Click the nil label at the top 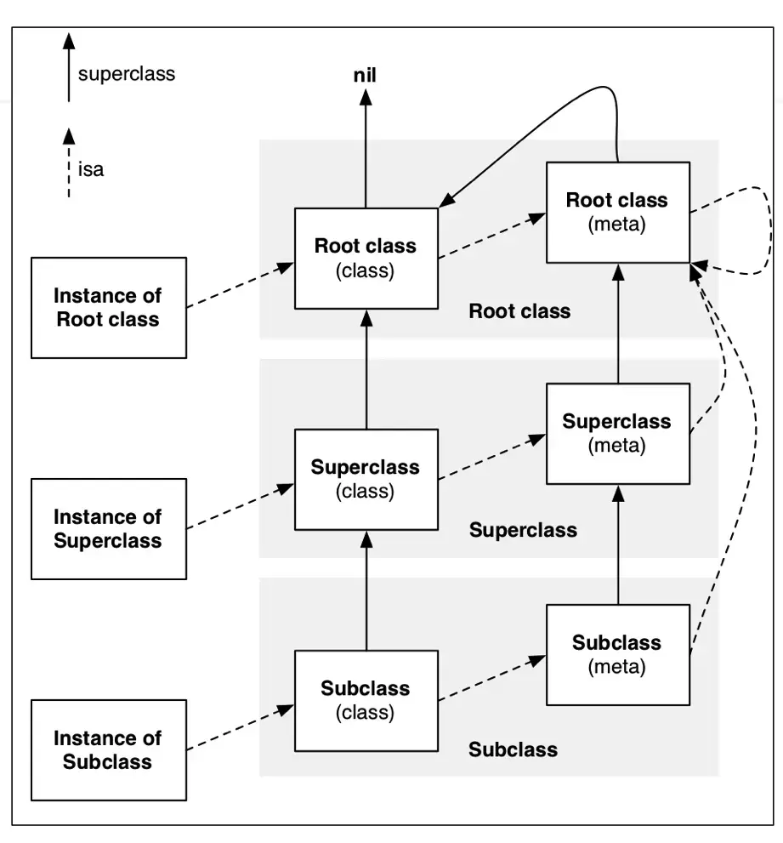(x=365, y=75)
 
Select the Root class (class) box (x=366, y=259)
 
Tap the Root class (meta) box (x=618, y=213)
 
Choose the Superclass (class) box (x=366, y=480)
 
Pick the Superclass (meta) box (x=618, y=434)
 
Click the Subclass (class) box (x=366, y=701)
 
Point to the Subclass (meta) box (x=618, y=655)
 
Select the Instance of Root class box (x=109, y=308)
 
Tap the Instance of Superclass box (x=109, y=529)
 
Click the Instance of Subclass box (x=109, y=750)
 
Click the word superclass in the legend (x=127, y=74)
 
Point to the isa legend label (x=91, y=169)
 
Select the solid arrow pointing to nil (x=366, y=149)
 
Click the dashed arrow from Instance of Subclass (x=241, y=728)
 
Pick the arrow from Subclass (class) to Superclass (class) (x=366, y=590)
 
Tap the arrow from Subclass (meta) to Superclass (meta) (x=618, y=544)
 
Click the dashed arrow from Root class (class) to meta (x=491, y=236)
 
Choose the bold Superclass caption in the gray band (x=523, y=531)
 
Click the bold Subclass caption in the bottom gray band (x=513, y=749)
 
